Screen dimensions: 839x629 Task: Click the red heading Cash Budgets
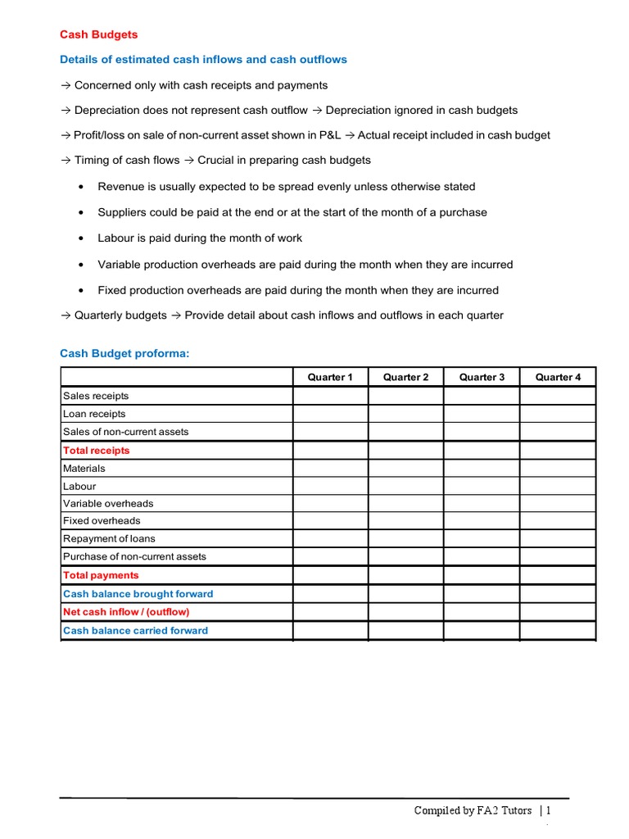[99, 34]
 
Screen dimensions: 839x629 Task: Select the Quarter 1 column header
[330, 377]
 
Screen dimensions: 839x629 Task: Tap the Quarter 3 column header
[482, 377]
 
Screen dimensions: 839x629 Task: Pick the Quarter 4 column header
[558, 377]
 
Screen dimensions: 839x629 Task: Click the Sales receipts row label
[96, 396]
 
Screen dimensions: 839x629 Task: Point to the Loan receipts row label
[94, 414]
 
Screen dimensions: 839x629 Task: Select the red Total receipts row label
[96, 451]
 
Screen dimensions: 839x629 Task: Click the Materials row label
[84, 469]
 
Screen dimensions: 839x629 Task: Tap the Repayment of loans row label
[109, 538]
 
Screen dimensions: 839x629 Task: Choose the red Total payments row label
[101, 575]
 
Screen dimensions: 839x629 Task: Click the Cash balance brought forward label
[138, 594]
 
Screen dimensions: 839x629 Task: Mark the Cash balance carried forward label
[135, 631]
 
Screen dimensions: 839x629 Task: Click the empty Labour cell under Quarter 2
[405, 486]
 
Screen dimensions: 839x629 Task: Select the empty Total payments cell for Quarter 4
[558, 575]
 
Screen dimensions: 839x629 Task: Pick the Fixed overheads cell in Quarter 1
[330, 520]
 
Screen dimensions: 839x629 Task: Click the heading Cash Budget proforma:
[124, 353]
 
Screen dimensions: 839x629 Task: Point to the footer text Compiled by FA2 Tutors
[473, 810]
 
